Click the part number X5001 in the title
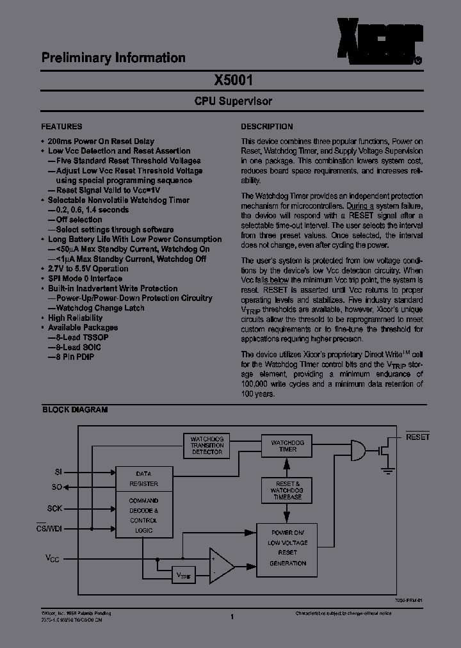pos(233,81)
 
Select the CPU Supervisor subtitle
pos(233,101)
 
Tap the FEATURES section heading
pos(61,127)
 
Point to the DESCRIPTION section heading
pos(267,127)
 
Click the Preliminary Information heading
pos(113,58)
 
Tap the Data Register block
pos(143,479)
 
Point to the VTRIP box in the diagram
pos(184,576)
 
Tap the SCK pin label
pos(55,508)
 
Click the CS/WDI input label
pos(49,528)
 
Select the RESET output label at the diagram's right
pos(417,437)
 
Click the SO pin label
pos(57,487)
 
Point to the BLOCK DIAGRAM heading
pos(75,410)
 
